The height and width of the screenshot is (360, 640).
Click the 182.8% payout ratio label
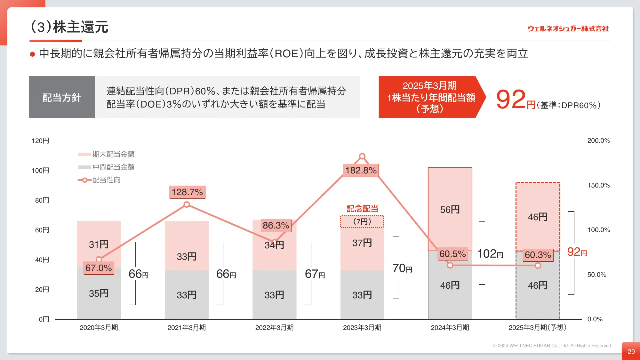tap(361, 170)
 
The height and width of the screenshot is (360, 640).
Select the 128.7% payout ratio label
tap(187, 192)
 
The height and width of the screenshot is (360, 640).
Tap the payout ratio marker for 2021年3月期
tap(187, 204)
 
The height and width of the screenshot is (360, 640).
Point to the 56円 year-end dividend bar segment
tap(450, 209)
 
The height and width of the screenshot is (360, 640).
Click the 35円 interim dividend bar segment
tap(99, 293)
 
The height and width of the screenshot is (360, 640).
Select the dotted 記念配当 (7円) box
tap(362, 221)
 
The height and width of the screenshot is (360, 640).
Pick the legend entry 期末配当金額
tap(107, 154)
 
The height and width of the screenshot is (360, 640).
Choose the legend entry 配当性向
tap(100, 180)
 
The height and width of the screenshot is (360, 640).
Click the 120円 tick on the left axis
tap(40, 141)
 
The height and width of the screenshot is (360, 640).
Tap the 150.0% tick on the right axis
tap(598, 185)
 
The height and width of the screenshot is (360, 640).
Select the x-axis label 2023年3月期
tap(362, 327)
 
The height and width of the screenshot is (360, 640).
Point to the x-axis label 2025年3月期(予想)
tap(537, 327)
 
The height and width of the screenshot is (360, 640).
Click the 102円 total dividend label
tap(490, 254)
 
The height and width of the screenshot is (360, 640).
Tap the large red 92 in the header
tap(511, 99)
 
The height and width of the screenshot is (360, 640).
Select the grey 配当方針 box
tap(62, 97)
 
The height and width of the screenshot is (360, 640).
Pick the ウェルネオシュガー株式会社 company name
tap(568, 29)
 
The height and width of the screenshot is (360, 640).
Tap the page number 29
tap(631, 351)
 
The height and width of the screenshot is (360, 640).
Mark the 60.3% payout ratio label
tap(538, 255)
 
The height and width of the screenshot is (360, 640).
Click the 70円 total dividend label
tap(402, 268)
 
